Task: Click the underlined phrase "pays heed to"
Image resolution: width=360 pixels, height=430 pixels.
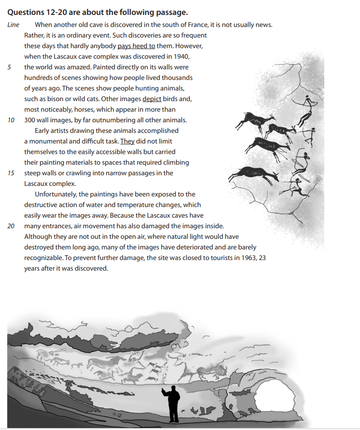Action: (136, 46)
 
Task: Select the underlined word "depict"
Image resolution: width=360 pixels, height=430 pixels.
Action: (152, 99)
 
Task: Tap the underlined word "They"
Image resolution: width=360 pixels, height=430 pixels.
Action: (127, 141)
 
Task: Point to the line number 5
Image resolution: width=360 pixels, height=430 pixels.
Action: (10, 67)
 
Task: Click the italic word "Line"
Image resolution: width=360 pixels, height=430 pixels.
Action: (13, 25)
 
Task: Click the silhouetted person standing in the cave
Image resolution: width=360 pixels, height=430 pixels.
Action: (172, 402)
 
